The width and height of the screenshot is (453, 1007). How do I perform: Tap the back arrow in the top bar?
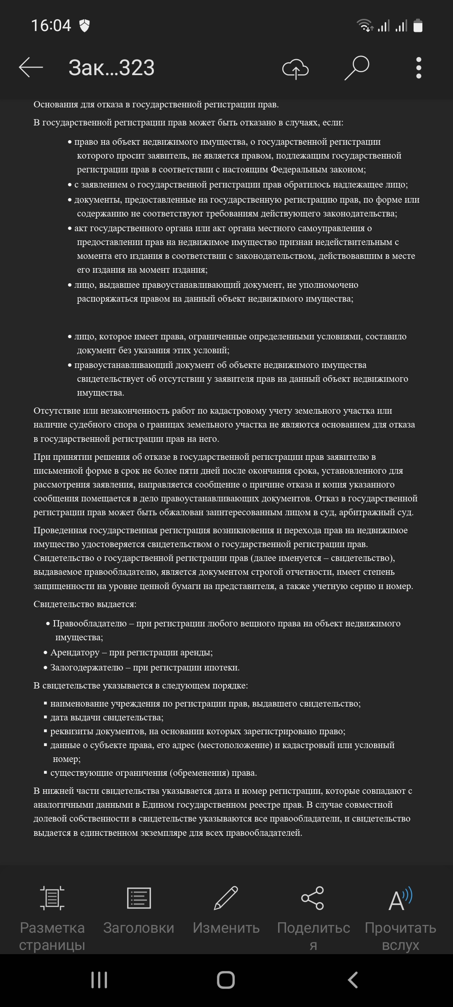[31, 67]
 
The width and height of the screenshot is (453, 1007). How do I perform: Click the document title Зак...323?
[112, 68]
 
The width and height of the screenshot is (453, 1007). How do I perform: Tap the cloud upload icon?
[295, 68]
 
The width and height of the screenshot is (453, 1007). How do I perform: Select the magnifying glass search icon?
[357, 68]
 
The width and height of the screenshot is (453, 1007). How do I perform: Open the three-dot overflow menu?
[418, 68]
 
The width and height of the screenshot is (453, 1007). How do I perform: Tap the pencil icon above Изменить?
[226, 897]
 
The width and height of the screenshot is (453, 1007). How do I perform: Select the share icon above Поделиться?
[313, 897]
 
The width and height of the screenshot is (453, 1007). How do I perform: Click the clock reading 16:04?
[51, 26]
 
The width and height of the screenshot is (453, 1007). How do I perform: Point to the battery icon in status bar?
[418, 26]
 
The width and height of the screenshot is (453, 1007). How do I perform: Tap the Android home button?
[226, 980]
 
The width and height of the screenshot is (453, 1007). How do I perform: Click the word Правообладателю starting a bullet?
[90, 624]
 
